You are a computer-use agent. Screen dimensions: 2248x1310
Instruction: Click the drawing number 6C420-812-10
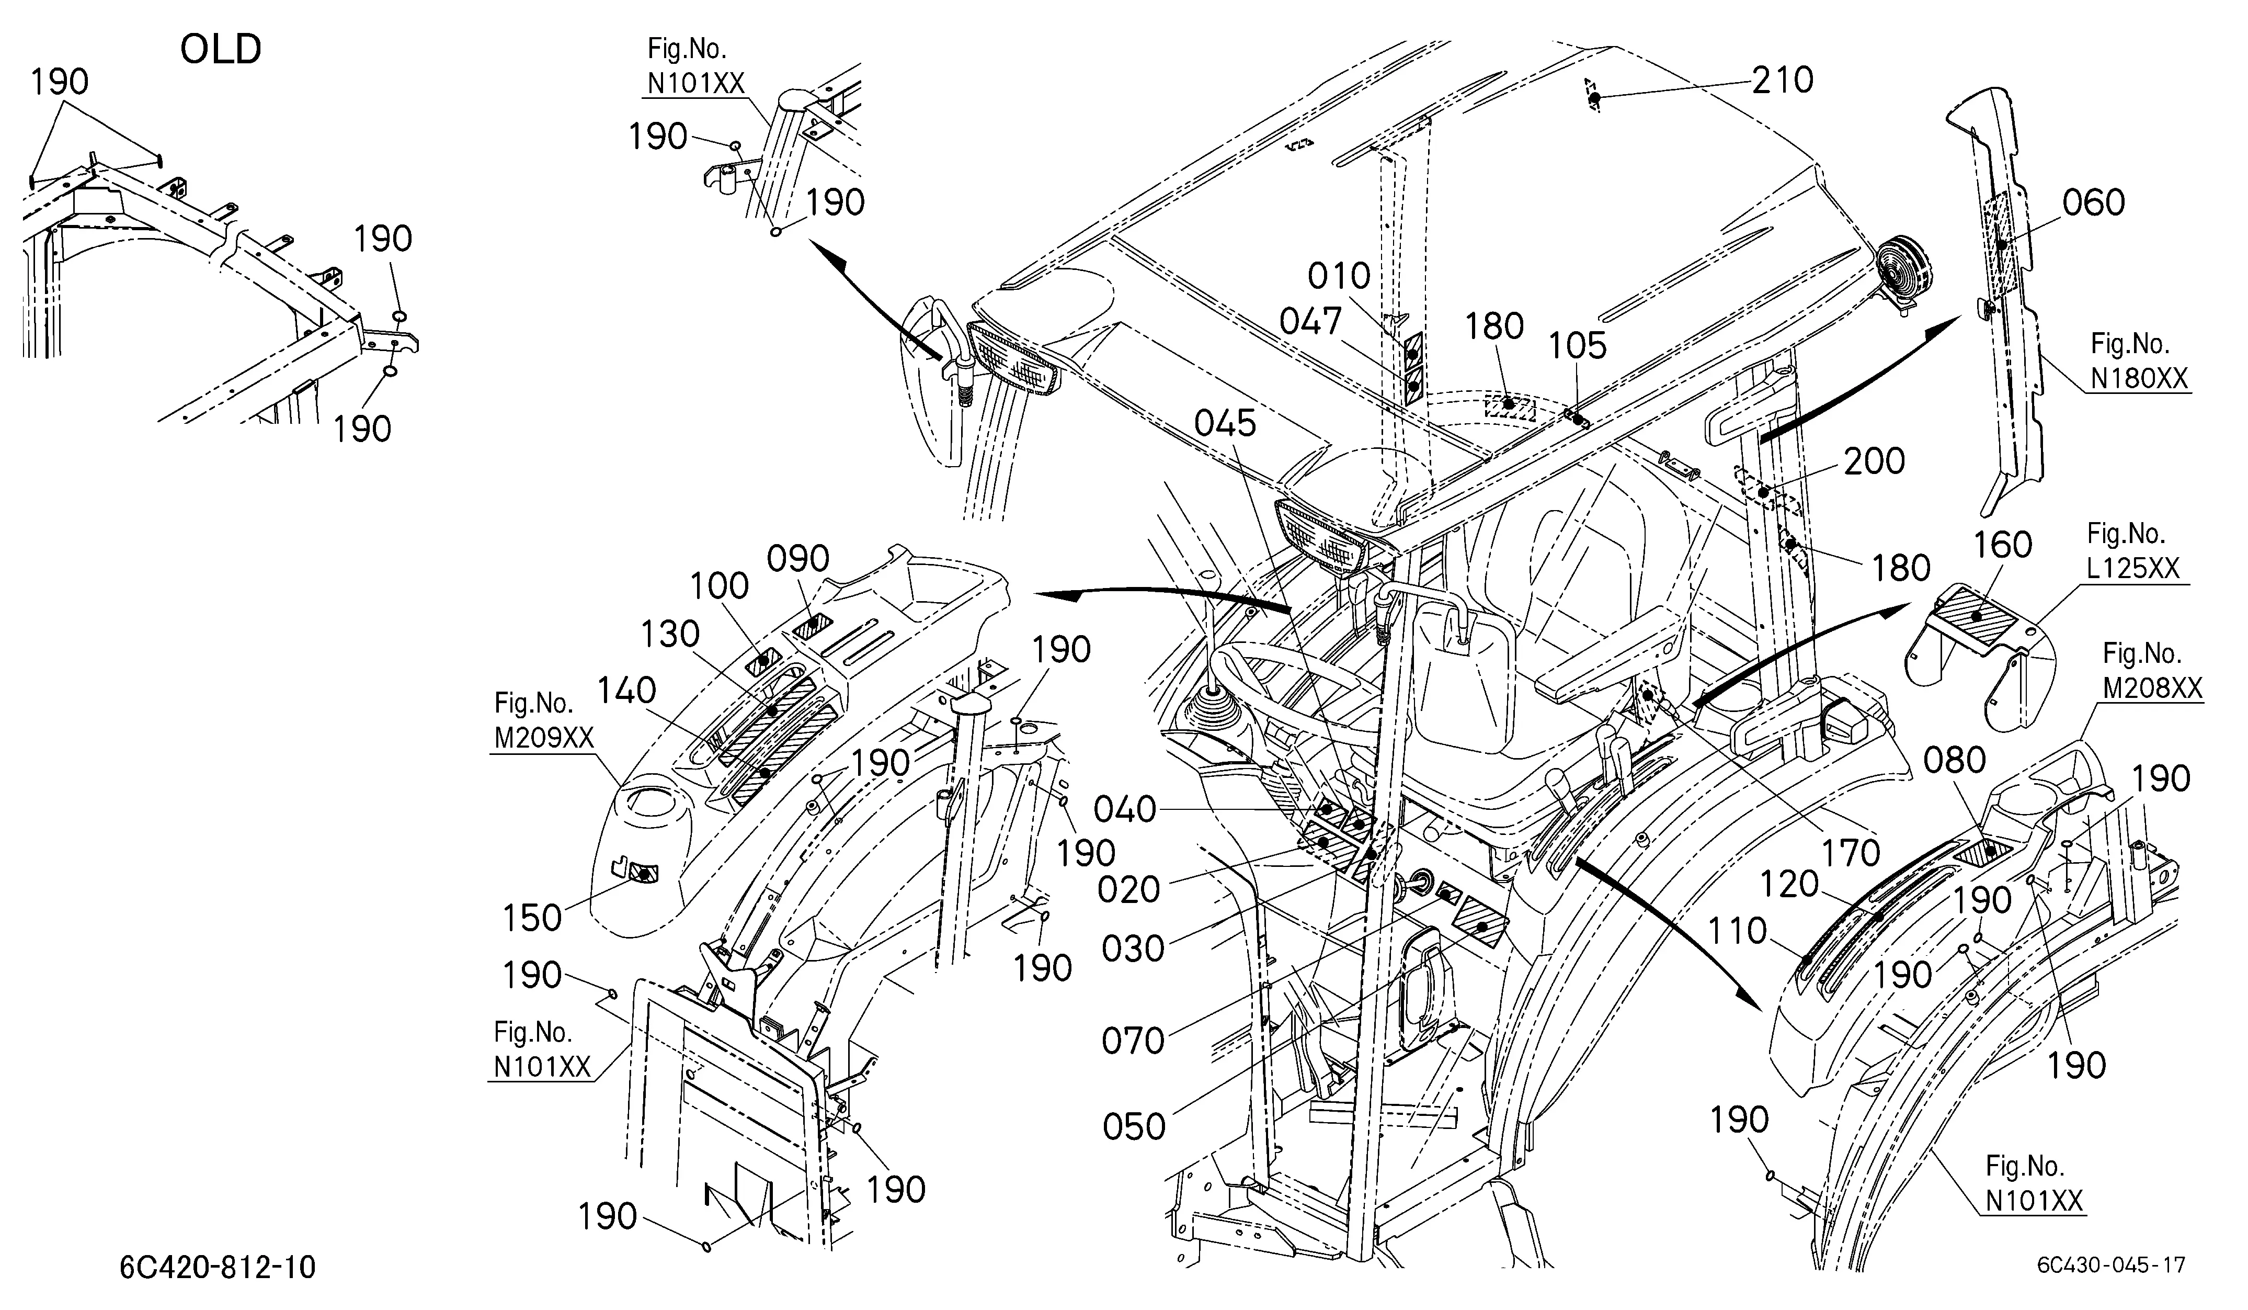(x=218, y=1267)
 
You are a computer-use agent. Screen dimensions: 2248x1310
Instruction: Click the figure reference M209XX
(x=544, y=739)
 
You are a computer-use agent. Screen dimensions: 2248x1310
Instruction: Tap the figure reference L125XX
(x=2133, y=569)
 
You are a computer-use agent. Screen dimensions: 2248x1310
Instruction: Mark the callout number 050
(x=1134, y=1127)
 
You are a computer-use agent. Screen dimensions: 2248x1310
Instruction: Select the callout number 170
(x=1851, y=854)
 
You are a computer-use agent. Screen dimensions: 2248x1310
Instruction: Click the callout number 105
(x=1577, y=346)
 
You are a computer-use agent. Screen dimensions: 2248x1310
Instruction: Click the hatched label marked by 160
(x=1977, y=614)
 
